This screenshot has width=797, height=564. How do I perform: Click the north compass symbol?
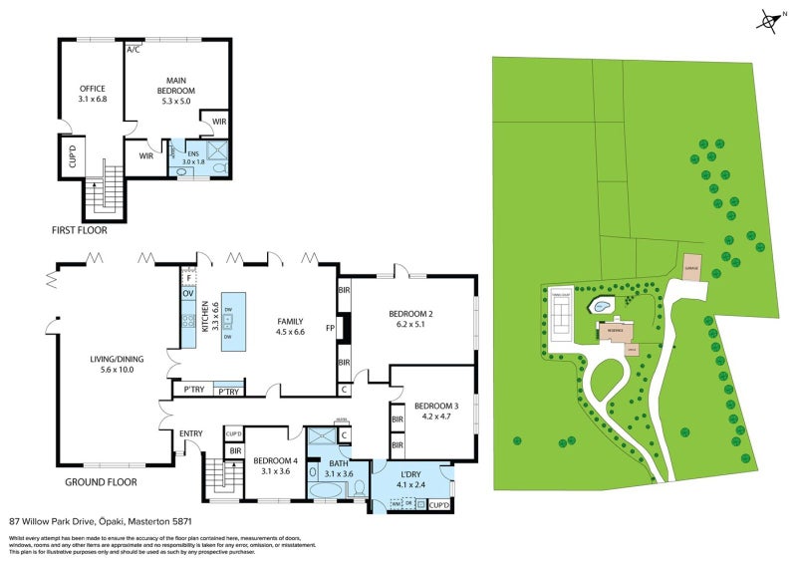pyautogui.click(x=768, y=19)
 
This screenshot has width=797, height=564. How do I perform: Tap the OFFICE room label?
pyautogui.click(x=93, y=89)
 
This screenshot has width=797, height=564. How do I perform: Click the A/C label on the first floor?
pyautogui.click(x=133, y=48)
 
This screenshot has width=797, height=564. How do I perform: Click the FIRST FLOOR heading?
pyautogui.click(x=79, y=230)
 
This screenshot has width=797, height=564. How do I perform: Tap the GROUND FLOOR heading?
pyautogui.click(x=101, y=482)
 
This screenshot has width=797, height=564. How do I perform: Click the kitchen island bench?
pyautogui.click(x=233, y=320)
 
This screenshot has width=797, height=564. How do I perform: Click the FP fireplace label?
pyautogui.click(x=330, y=326)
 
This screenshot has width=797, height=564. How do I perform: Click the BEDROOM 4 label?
pyautogui.click(x=271, y=460)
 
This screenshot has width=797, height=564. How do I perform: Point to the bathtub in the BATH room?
pyautogui.click(x=327, y=491)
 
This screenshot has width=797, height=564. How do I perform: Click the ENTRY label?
pyautogui.click(x=190, y=433)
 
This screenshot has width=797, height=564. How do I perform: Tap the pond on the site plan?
pyautogui.click(x=603, y=306)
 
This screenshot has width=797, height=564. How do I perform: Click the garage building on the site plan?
pyautogui.click(x=689, y=268)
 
